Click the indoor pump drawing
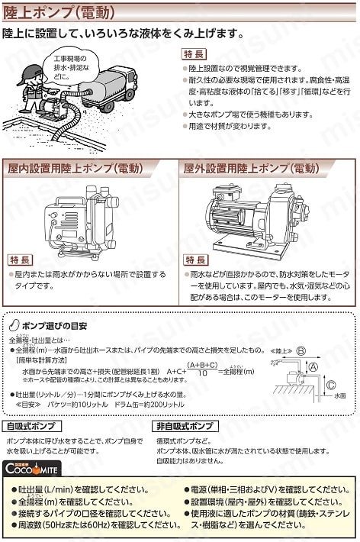79,218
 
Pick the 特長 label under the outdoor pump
196,260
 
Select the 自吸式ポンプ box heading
31,425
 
